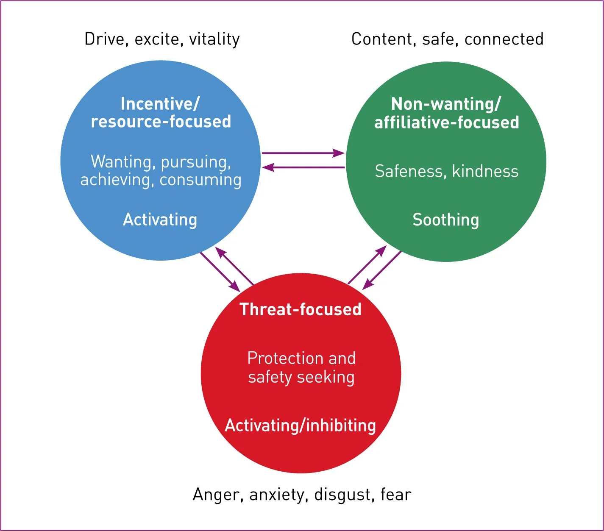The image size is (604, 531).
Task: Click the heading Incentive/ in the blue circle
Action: coord(160,104)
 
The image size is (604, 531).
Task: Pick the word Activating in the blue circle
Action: coord(160,220)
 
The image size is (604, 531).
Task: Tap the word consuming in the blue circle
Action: coord(200,180)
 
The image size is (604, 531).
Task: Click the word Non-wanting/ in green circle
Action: coord(446,104)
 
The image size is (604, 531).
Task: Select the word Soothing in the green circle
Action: coord(446,220)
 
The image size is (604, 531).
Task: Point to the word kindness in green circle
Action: coord(485,171)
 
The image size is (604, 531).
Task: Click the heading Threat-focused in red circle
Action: coord(301,309)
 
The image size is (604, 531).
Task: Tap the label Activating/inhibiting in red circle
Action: coord(301,425)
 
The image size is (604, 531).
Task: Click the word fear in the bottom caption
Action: coord(396,495)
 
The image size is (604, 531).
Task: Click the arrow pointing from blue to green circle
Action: coord(303,153)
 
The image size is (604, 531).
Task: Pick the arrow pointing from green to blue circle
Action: coord(303,168)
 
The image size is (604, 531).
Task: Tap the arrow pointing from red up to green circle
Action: coord(367,265)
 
